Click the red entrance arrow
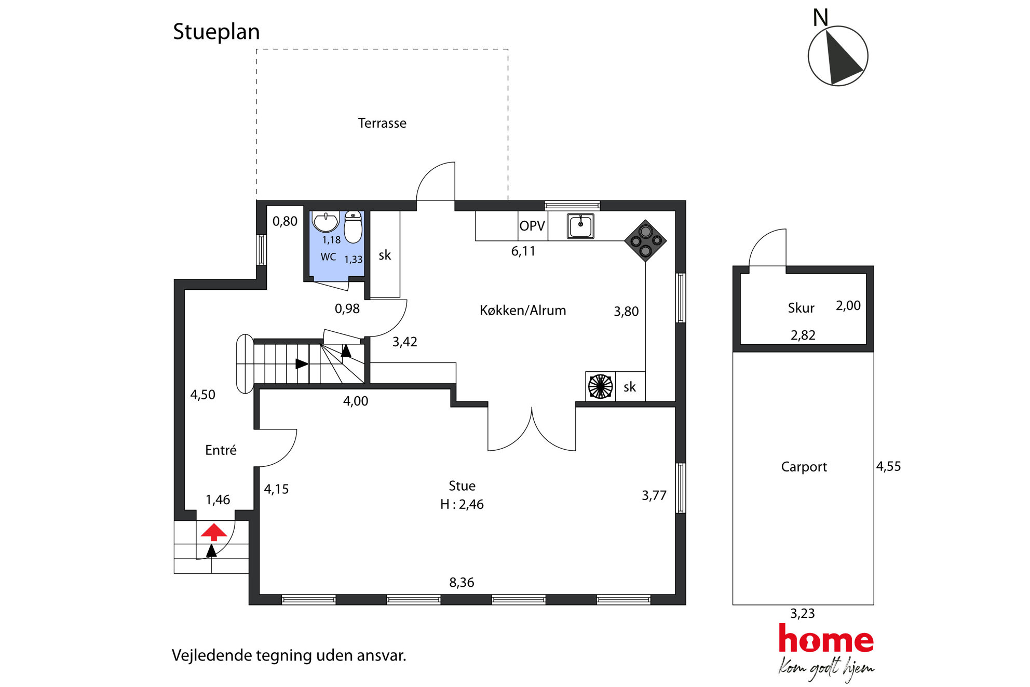(x=214, y=532)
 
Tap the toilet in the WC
(x=353, y=227)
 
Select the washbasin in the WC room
(x=326, y=222)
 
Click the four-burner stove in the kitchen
(x=645, y=240)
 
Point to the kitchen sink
(x=580, y=226)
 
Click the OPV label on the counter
(x=532, y=226)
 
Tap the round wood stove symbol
(x=600, y=386)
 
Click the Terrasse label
(x=382, y=123)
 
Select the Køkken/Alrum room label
(x=523, y=310)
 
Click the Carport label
(x=804, y=467)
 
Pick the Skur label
(x=801, y=308)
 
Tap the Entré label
(x=221, y=450)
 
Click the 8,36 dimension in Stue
(x=462, y=583)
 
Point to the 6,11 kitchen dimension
(x=523, y=251)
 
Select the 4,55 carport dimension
(x=888, y=466)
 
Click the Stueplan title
(x=216, y=32)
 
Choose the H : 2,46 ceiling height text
(x=462, y=504)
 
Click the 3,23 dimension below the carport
(x=802, y=614)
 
